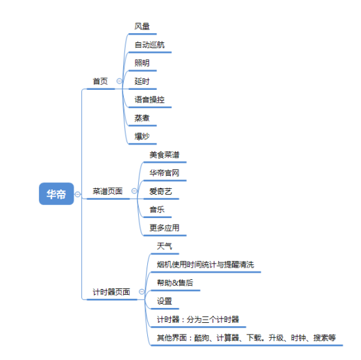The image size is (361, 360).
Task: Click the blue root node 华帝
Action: coord(57,194)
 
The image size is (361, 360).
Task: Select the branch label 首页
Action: coord(100,81)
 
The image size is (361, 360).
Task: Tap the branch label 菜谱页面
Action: coord(108,191)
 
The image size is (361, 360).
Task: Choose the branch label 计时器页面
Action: coord(111,292)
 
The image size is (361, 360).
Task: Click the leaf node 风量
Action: coord(142,27)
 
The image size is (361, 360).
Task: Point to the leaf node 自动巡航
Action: coord(150,45)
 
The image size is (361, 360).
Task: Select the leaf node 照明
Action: coord(142,62)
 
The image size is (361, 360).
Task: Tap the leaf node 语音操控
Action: coord(150,100)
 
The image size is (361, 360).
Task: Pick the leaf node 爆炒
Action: coord(142,137)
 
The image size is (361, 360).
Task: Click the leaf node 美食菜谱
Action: coord(164,154)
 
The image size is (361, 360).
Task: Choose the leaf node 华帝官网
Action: coord(164,173)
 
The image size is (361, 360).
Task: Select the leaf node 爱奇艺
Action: coord(161,191)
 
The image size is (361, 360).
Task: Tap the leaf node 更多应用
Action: coord(164,228)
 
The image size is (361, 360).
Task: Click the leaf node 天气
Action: coord(164,246)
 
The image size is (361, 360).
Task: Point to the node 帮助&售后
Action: coord(175,283)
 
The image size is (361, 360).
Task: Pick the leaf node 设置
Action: coord(164,301)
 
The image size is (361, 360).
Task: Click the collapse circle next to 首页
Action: coord(119,81)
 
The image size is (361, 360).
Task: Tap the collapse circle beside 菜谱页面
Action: coord(134,191)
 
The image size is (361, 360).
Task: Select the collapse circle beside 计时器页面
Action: coord(142,292)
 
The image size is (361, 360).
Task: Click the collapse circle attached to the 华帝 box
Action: coord(78,194)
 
